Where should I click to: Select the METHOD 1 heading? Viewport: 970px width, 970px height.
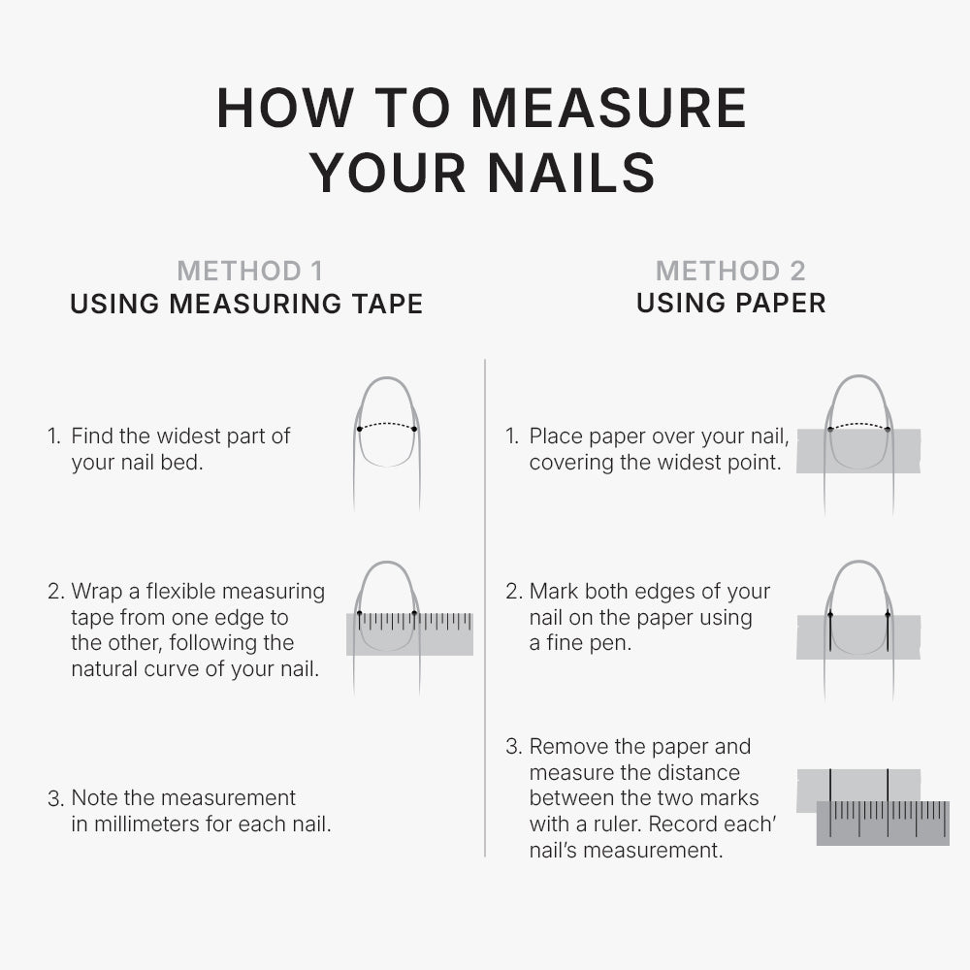coord(250,271)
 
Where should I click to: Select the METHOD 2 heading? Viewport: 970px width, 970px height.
coord(730,271)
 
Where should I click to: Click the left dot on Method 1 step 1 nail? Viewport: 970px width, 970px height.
coord(359,429)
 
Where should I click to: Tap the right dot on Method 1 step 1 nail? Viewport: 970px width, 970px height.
coord(414,429)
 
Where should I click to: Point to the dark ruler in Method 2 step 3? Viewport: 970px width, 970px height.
coord(883,823)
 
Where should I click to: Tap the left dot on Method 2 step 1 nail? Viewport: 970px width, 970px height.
coord(830,429)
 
